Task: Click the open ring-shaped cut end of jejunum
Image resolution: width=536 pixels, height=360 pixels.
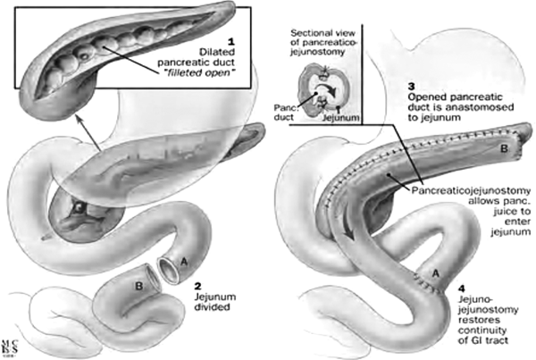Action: click(x=167, y=268)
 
